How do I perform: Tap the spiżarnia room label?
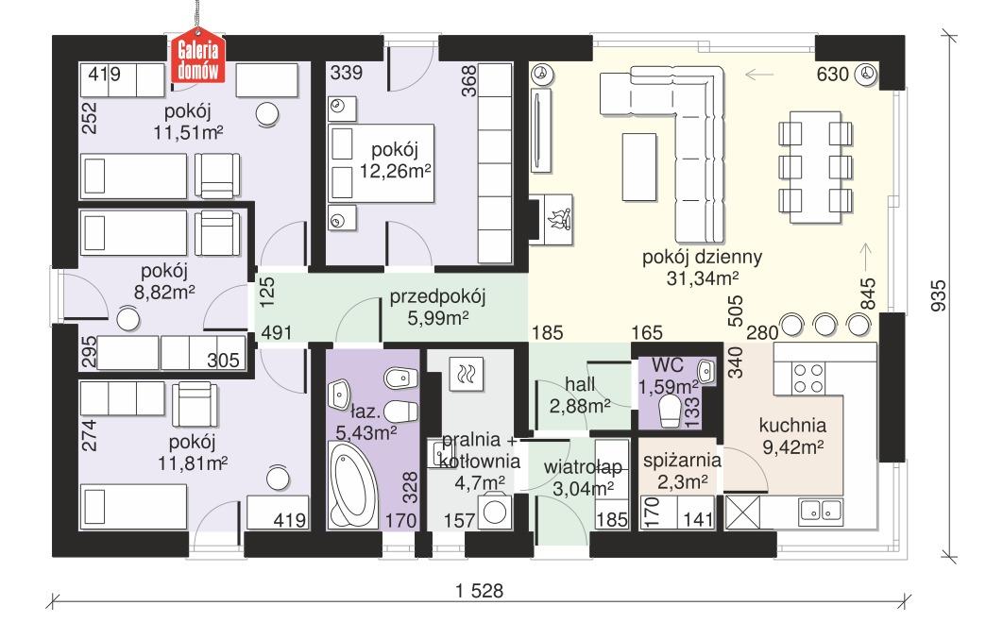(682, 462)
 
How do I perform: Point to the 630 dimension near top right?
(832, 76)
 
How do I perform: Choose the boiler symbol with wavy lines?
(466, 375)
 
